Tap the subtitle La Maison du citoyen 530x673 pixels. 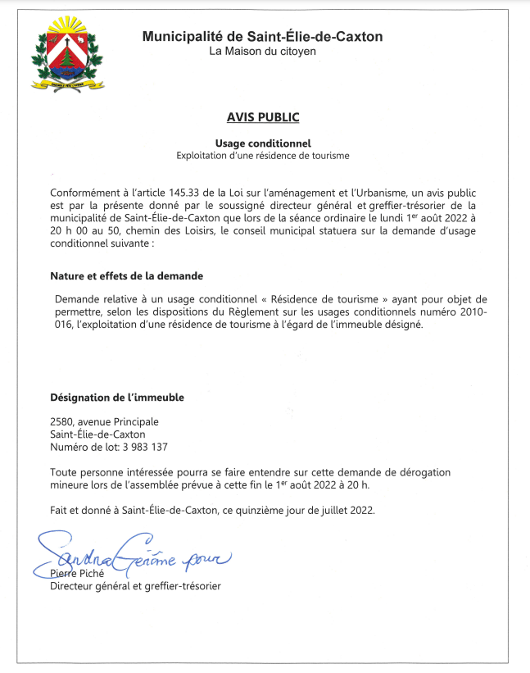point(262,52)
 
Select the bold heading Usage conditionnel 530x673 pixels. point(264,143)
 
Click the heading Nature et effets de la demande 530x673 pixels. point(127,275)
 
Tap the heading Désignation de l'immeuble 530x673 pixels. point(117,398)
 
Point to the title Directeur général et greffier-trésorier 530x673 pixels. point(135,586)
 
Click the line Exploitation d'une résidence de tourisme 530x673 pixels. point(264,155)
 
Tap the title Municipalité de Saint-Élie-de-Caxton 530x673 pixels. point(262,36)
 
